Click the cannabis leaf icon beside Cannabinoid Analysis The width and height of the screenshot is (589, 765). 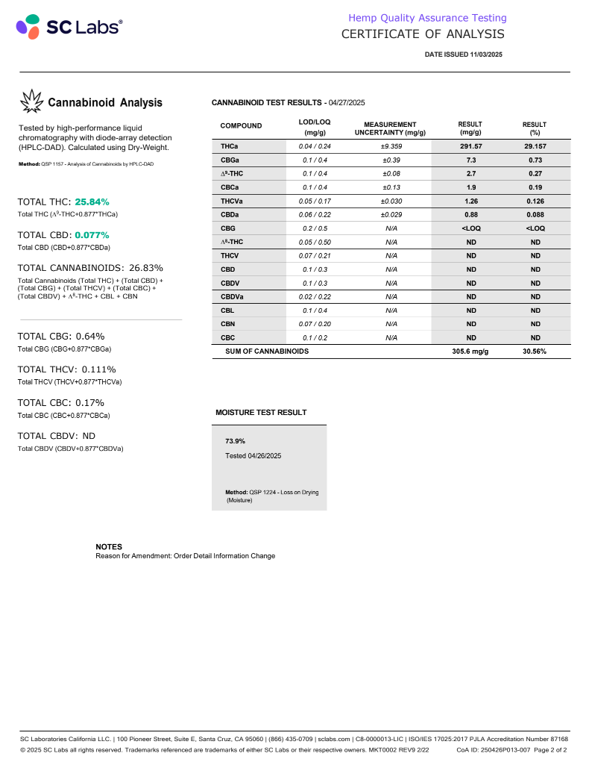[31, 102]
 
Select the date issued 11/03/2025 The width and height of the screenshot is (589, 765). [464, 54]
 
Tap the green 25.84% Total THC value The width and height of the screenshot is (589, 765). [92, 202]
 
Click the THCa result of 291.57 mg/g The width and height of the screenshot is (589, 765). [470, 146]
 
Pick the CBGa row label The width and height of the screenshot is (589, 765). [230, 160]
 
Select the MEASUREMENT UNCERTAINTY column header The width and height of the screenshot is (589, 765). [389, 128]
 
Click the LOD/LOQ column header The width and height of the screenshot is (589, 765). [314, 125]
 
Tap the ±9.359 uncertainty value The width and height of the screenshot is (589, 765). [389, 146]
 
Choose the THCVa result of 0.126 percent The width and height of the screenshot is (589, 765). [535, 201]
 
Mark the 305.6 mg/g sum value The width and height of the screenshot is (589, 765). [470, 351]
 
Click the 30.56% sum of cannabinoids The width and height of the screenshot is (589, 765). [535, 351]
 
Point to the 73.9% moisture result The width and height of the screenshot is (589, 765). [236, 441]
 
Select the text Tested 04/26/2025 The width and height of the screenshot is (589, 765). [253, 455]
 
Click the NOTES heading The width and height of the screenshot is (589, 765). [109, 546]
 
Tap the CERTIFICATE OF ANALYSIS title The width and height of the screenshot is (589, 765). [422, 34]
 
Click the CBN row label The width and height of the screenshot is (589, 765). [228, 324]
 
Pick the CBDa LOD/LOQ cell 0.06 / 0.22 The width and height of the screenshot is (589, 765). [314, 215]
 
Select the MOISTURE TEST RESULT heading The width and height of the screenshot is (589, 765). [261, 412]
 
